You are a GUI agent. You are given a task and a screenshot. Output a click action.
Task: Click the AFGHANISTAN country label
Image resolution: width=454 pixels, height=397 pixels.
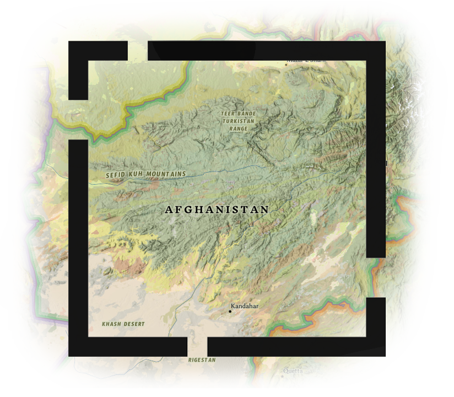pyautogui.click(x=217, y=210)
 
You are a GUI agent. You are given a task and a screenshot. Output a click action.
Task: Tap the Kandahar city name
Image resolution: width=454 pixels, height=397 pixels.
pyautogui.click(x=245, y=306)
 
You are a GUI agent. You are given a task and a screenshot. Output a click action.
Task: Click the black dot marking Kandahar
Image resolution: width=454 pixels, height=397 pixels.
pyautogui.click(x=230, y=312)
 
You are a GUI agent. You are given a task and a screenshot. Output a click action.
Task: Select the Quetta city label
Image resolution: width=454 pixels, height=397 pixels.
pyautogui.click(x=293, y=371)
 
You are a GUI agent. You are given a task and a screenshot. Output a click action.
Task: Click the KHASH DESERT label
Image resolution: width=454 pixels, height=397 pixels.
pyautogui.click(x=123, y=324)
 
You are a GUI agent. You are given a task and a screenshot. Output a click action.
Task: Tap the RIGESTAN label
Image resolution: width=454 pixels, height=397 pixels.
pyautogui.click(x=202, y=360)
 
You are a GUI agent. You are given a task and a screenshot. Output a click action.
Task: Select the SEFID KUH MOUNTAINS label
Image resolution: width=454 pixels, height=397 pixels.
pyautogui.click(x=146, y=174)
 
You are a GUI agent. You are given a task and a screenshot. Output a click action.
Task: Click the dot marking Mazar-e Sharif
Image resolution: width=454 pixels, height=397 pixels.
pyautogui.click(x=286, y=64)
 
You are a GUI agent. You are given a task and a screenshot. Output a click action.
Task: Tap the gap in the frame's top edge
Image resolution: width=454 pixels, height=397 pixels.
pyautogui.click(x=138, y=51)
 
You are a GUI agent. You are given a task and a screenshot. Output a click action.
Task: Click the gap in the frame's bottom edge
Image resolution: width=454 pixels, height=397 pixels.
pyautogui.click(x=197, y=346)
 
